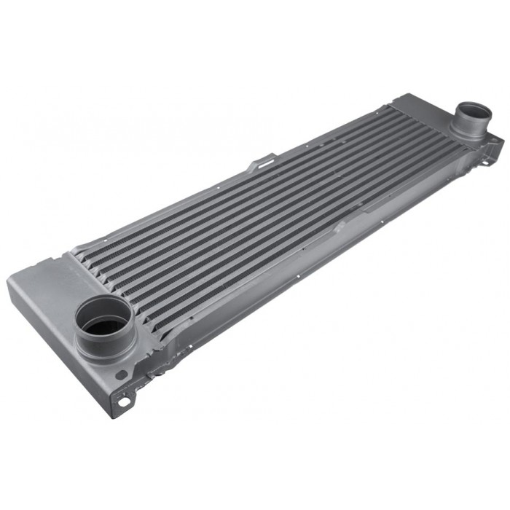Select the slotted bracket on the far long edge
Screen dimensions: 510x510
262,161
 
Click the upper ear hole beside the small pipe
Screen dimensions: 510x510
497,138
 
